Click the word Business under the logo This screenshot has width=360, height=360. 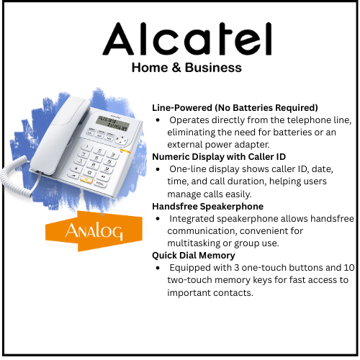click(211, 68)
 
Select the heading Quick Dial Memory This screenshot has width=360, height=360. click(193, 255)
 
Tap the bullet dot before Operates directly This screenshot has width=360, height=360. click(158, 120)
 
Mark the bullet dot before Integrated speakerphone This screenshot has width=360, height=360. click(158, 218)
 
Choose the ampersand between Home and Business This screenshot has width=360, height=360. click(168, 68)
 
